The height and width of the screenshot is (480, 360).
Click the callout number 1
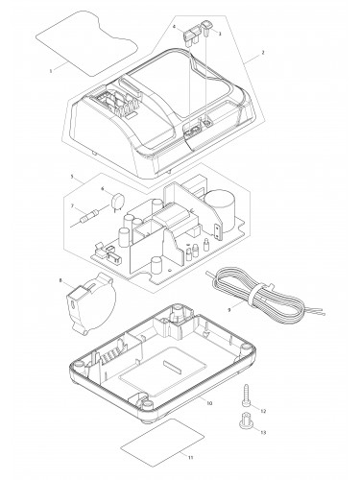(51, 71)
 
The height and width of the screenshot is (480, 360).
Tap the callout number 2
(263, 53)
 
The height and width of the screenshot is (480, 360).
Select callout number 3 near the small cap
(220, 34)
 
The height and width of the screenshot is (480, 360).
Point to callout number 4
(174, 27)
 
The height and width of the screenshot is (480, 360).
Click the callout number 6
(103, 189)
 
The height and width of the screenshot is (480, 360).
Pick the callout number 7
(72, 206)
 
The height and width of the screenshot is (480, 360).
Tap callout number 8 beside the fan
(60, 280)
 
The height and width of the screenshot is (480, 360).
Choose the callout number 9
(229, 310)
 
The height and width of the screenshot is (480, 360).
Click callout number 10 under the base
(209, 403)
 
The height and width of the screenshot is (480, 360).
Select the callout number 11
(190, 458)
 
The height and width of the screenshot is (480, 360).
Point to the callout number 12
(263, 411)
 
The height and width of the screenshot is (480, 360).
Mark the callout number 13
(263, 432)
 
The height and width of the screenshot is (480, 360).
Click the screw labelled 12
(246, 396)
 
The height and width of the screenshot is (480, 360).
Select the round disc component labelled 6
(116, 202)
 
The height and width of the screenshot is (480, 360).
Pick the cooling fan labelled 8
(90, 303)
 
